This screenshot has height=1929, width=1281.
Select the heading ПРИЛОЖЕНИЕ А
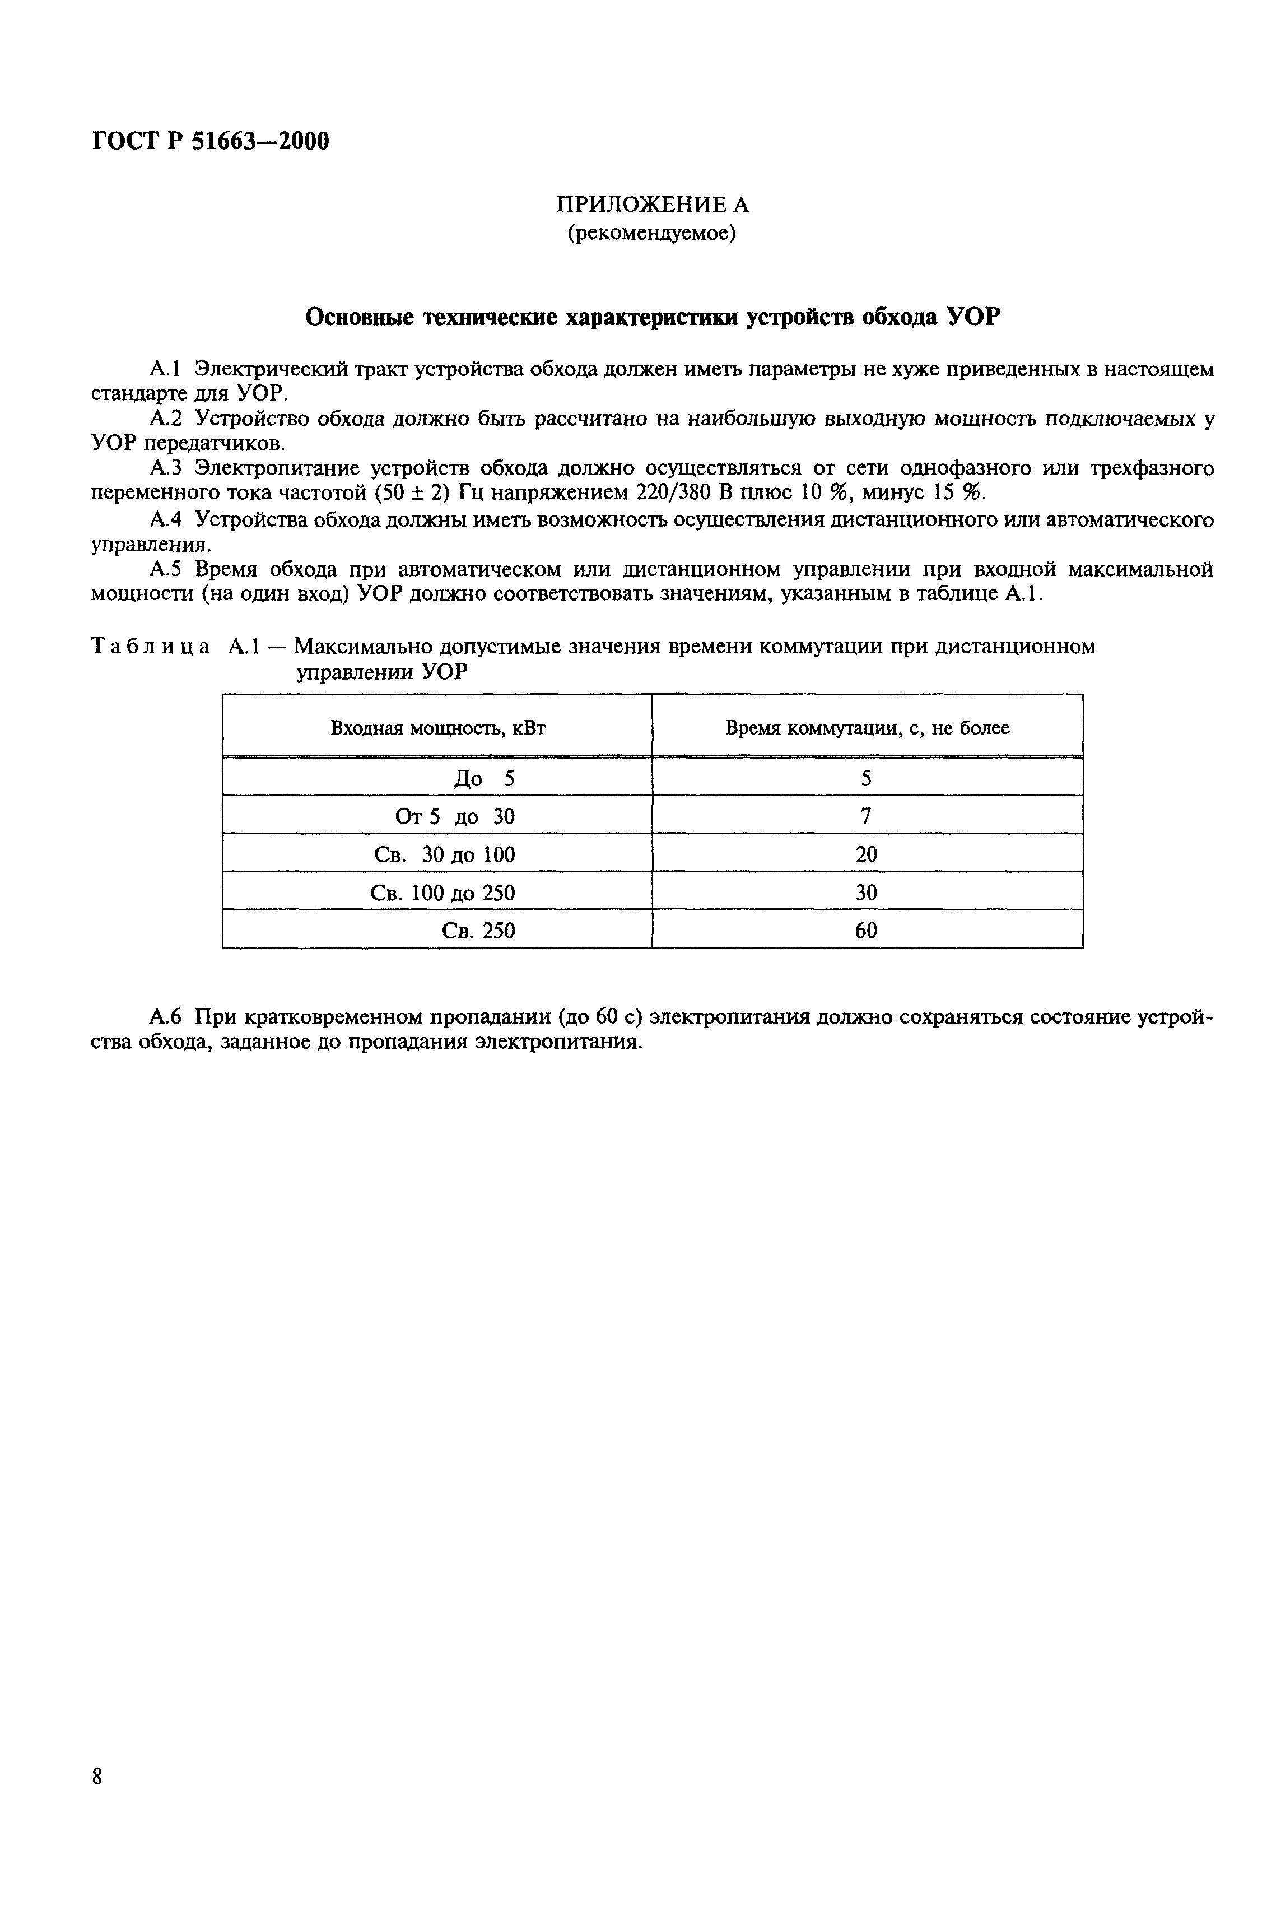(x=652, y=204)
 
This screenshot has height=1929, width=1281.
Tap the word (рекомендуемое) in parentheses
(x=652, y=234)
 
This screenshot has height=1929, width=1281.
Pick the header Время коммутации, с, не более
(x=867, y=727)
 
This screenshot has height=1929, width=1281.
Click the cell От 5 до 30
(x=455, y=816)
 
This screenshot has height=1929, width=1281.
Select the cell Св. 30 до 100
(x=444, y=854)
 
